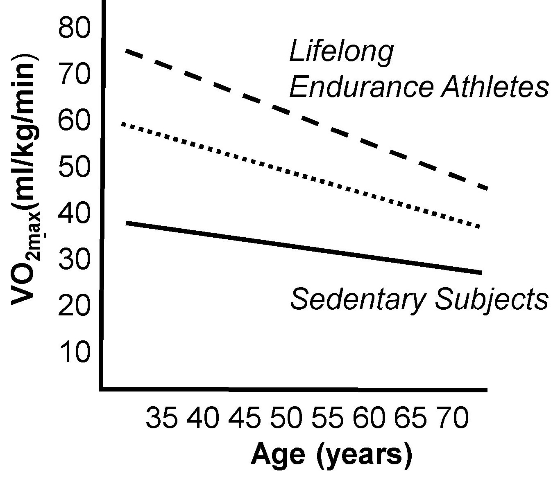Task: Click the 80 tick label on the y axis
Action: [74, 29]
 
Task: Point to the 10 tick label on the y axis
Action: [74, 352]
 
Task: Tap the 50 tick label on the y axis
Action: [74, 167]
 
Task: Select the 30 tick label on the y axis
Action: [74, 260]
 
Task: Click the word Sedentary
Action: [357, 299]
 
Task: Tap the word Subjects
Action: [491, 300]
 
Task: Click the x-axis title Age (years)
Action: [331, 455]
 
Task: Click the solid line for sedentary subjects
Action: [303, 248]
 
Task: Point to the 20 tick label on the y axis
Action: [74, 306]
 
